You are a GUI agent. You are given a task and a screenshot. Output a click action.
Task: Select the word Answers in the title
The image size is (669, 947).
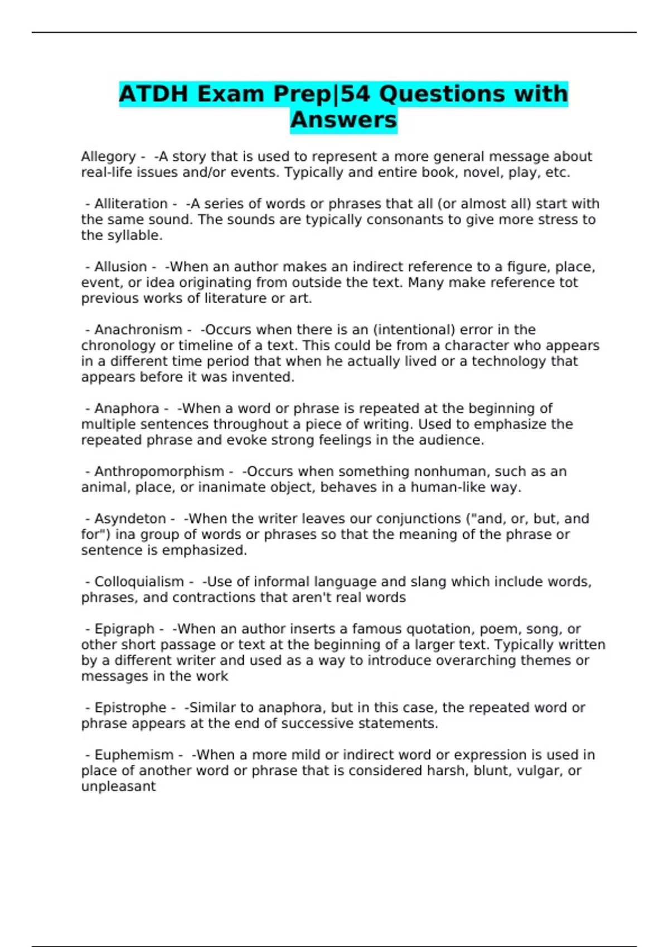point(343,120)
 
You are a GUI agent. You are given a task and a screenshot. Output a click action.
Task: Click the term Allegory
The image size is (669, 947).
point(108,157)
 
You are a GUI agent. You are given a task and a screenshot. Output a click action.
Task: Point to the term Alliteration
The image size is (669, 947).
point(131,204)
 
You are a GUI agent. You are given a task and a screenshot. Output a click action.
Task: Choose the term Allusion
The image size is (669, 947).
point(120,267)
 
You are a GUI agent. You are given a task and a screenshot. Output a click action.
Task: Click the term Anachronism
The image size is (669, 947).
point(138,330)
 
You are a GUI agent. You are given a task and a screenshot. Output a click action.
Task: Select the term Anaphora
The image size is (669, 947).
point(127,408)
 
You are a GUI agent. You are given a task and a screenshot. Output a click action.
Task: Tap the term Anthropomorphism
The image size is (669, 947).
point(159,471)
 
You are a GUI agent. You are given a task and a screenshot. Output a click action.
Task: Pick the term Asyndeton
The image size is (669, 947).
point(130,519)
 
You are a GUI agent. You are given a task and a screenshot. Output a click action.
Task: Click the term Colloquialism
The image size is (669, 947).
point(139,582)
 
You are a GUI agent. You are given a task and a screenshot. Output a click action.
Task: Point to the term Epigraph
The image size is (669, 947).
point(124,629)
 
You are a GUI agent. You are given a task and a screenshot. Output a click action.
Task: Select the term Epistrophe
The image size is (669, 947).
point(130,707)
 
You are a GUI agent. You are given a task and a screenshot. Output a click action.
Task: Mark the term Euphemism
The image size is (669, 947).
point(134,755)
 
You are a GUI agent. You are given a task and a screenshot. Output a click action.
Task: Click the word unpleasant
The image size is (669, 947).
point(118,787)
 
